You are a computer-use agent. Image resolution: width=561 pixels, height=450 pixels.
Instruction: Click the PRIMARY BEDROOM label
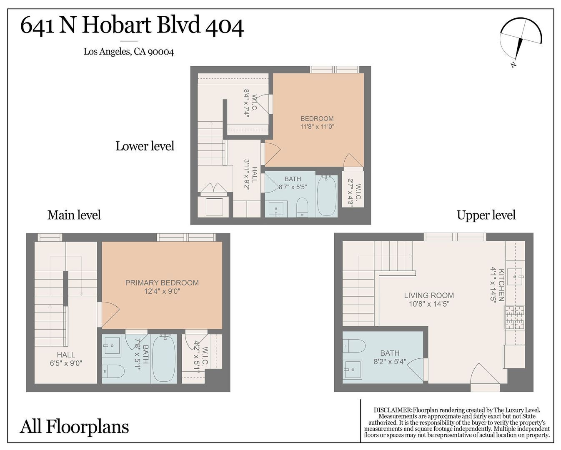pos(162,283)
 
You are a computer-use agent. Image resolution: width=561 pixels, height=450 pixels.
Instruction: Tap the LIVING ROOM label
pos(429,295)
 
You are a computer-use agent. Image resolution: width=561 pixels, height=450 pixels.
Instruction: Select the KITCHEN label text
pos(501,285)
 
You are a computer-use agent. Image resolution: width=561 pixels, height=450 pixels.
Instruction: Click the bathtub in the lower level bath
pos(326,196)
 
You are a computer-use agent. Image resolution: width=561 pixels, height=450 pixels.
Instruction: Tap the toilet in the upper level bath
pos(354,346)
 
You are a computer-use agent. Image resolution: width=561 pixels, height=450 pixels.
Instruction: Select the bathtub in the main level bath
pos(164,358)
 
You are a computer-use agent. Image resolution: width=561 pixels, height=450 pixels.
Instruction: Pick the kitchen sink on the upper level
pos(515,277)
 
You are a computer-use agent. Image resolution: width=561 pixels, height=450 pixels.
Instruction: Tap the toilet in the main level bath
pos(113,371)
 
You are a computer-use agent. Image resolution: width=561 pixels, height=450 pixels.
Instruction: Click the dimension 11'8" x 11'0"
pos(317,127)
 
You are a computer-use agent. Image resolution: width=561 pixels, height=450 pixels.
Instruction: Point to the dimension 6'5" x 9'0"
pos(66,363)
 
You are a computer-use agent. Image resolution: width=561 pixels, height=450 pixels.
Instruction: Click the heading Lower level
pos(145,146)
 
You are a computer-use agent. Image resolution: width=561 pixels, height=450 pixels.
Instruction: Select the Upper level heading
pos(486,215)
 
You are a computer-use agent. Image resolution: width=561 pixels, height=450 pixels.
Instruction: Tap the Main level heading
pos(74,215)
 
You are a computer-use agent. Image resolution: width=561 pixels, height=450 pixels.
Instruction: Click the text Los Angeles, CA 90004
pos(129,52)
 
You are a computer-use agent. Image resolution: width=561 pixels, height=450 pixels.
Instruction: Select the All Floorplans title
pos(74,427)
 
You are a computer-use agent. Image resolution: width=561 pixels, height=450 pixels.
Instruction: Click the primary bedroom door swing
pos(108,314)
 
